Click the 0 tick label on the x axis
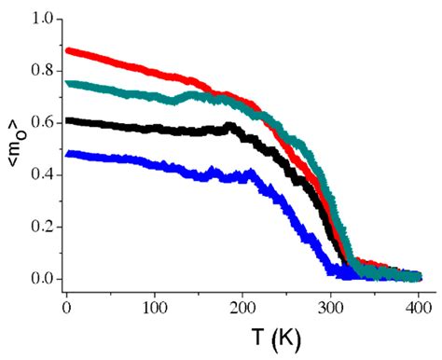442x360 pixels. tap(66, 304)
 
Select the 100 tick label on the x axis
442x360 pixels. tap(154, 304)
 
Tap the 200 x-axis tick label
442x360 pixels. tap(242, 304)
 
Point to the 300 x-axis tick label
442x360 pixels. tap(330, 304)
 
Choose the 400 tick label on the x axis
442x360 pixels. tap(419, 304)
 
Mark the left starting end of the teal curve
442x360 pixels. tap(68, 84)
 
